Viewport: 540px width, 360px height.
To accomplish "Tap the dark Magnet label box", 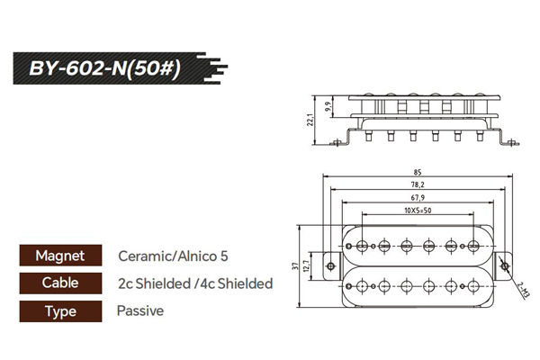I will click(59, 256).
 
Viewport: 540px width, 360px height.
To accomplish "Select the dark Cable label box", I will click(59, 283).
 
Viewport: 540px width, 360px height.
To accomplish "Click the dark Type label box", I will click(59, 311).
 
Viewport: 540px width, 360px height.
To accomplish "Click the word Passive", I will click(140, 311).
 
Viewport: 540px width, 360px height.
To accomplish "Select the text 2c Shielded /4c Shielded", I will click(195, 283).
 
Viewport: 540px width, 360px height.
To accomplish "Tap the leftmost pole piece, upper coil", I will click(363, 246).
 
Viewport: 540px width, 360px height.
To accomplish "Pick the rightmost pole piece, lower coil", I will click(474, 286).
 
